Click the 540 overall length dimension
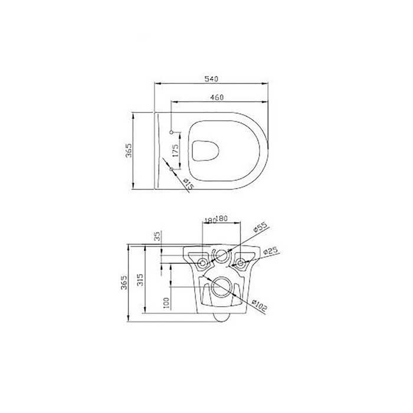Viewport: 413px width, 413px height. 212,77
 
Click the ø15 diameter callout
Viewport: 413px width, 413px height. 188,185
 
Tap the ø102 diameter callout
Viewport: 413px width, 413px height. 260,304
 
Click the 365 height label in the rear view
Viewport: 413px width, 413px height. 124,283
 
